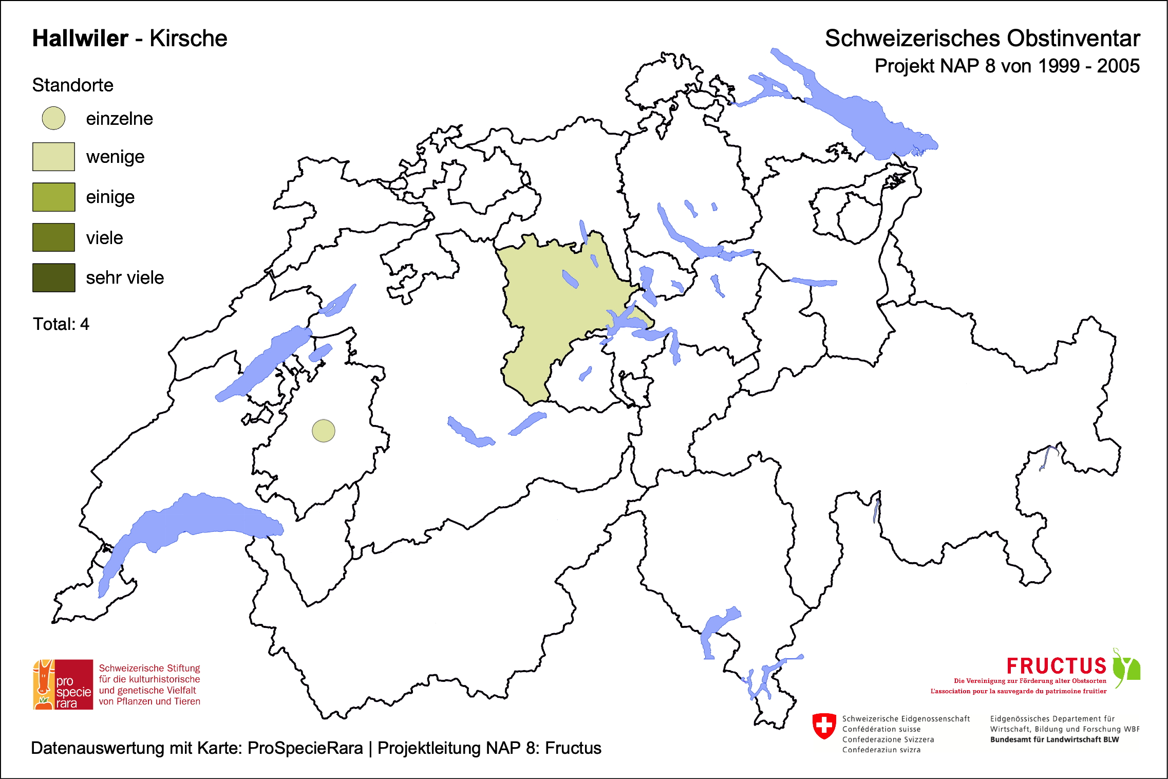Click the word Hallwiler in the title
pyautogui.click(x=80, y=39)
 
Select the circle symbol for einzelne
pyautogui.click(x=53, y=118)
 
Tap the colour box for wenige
pyautogui.click(x=53, y=157)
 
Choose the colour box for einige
pyautogui.click(x=53, y=197)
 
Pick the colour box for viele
pyautogui.click(x=53, y=237)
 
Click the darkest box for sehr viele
pyautogui.click(x=53, y=277)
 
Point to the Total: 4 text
pyautogui.click(x=61, y=324)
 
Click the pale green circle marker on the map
pyautogui.click(x=324, y=431)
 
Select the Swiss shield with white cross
pyautogui.click(x=824, y=726)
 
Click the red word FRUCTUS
pyautogui.click(x=1056, y=666)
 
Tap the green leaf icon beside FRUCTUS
pyautogui.click(x=1126, y=667)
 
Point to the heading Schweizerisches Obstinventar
pyautogui.click(x=982, y=39)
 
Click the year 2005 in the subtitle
pyautogui.click(x=1118, y=66)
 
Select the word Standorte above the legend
pyautogui.click(x=72, y=85)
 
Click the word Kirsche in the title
pyautogui.click(x=189, y=39)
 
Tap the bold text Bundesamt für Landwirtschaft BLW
pyautogui.click(x=1054, y=739)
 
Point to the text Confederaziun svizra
pyautogui.click(x=881, y=750)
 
